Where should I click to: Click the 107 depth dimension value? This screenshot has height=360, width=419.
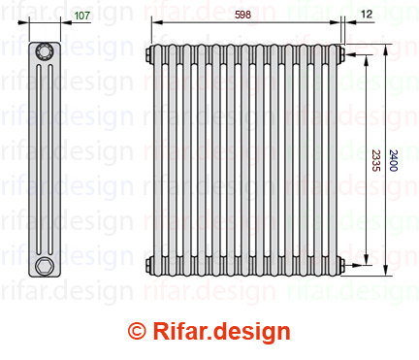(x=82, y=16)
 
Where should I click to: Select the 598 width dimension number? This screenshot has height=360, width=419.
(x=242, y=15)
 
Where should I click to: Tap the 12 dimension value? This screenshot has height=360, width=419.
(x=367, y=14)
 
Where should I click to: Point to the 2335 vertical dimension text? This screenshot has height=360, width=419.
(x=375, y=160)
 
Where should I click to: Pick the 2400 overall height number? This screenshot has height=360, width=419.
(x=393, y=160)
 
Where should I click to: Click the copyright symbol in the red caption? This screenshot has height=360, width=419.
(x=137, y=331)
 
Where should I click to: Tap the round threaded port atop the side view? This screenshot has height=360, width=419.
(x=44, y=51)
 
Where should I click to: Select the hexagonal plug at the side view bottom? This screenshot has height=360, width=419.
(x=44, y=266)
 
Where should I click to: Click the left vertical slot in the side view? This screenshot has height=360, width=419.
(x=39, y=159)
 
